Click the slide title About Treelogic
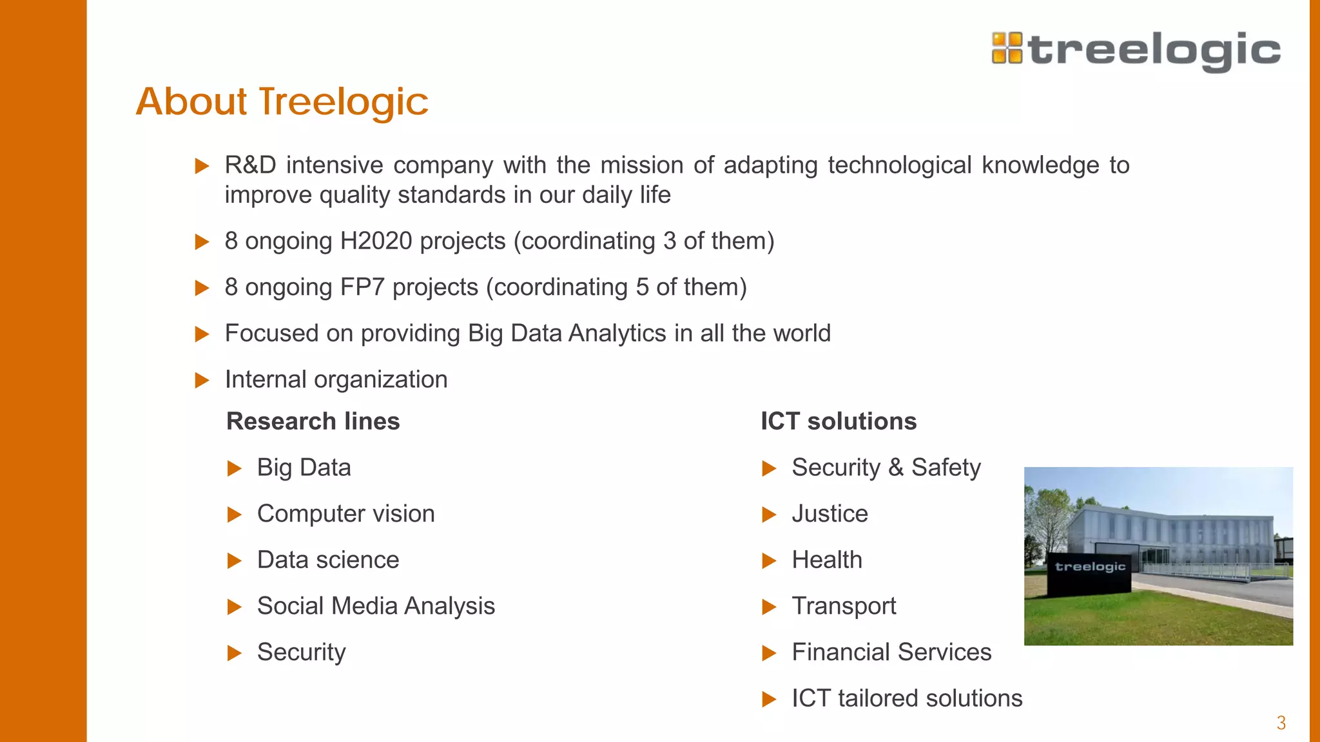(x=282, y=102)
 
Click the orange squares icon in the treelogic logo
(x=1007, y=48)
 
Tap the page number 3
(x=1281, y=723)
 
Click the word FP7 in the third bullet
(x=362, y=287)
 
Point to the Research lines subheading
(x=313, y=421)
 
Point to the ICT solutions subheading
(x=838, y=421)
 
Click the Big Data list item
(x=304, y=468)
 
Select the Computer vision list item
(x=345, y=514)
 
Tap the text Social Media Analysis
(x=376, y=606)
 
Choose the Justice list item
(x=830, y=514)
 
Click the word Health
(x=826, y=560)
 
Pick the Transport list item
(x=844, y=606)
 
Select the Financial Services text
(x=891, y=652)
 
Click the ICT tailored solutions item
(x=907, y=699)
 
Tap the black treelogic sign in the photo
(x=1089, y=573)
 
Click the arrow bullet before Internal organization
(x=202, y=380)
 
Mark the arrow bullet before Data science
(x=235, y=561)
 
